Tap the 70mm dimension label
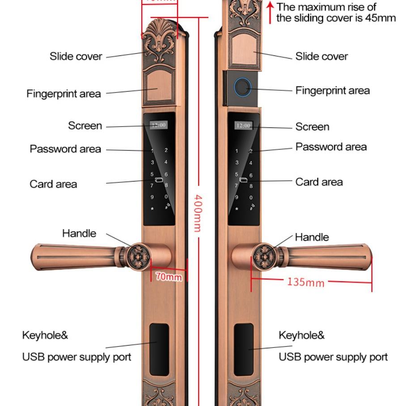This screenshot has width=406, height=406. click(x=169, y=277)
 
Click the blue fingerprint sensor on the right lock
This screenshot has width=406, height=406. click(x=242, y=87)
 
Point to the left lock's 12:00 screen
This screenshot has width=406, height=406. click(x=159, y=125)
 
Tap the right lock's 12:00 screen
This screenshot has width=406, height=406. click(x=243, y=126)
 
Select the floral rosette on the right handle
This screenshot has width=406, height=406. click(x=263, y=256)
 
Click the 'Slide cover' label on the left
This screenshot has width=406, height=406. click(x=76, y=57)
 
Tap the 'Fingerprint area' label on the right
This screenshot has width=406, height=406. click(x=332, y=91)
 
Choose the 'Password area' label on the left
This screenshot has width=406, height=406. click(x=65, y=149)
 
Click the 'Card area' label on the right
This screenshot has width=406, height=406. click(x=319, y=182)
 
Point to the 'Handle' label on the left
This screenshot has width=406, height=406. click(x=79, y=233)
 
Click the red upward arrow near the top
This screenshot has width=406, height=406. click(x=270, y=12)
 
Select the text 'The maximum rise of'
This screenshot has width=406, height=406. click(x=326, y=7)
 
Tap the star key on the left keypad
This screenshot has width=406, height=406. click(x=152, y=208)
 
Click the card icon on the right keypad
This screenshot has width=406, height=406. click(x=244, y=181)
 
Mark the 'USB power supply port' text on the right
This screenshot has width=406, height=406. click(x=333, y=357)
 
